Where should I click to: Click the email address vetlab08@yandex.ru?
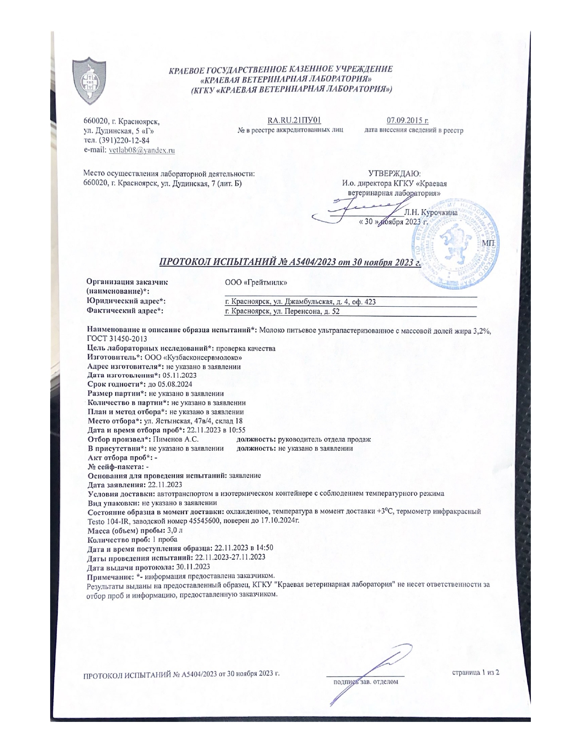pos(142,150)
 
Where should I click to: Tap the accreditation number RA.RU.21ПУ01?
pos(294,121)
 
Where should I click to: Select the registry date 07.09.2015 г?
pos(407,121)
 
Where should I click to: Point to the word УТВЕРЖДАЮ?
pos(394,174)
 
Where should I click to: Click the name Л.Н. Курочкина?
pos(430,212)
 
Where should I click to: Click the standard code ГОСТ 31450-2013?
pos(117,339)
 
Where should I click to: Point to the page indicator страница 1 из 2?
pos(475,672)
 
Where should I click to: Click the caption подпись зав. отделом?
pos(365,682)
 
